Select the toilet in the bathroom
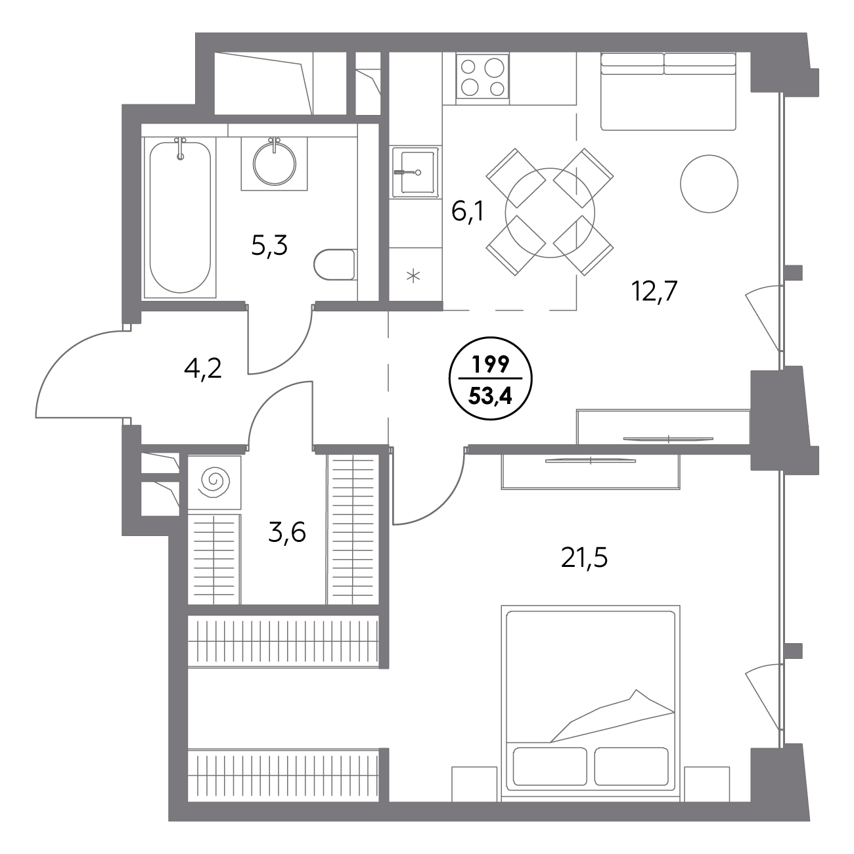tap(334, 265)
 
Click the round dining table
tap(550, 213)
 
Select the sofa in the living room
tap(668, 91)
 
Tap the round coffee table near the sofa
tap(709, 183)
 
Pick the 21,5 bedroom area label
tap(584, 558)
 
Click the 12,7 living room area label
tap(654, 292)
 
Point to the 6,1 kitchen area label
tap(468, 212)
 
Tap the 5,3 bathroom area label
tap(269, 246)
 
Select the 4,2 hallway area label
tap(203, 369)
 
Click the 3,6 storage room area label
tap(287, 532)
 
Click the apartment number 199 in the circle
tap(491, 365)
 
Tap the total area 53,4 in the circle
tap(491, 395)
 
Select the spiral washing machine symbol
tap(215, 482)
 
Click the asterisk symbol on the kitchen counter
tap(413, 277)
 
